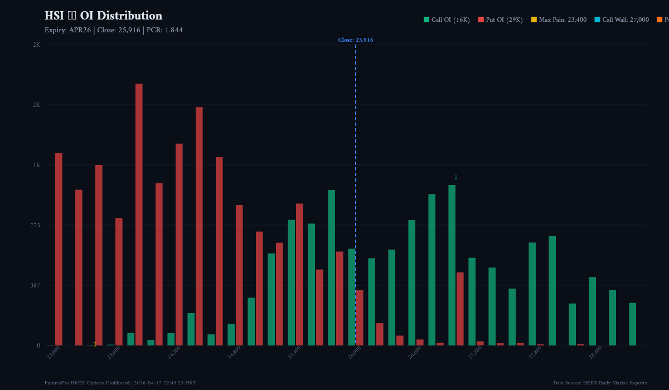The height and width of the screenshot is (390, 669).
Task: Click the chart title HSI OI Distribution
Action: pyautogui.click(x=103, y=16)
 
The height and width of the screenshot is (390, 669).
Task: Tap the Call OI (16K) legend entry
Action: pyautogui.click(x=447, y=19)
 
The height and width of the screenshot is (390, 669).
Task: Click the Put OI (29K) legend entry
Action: pyautogui.click(x=500, y=19)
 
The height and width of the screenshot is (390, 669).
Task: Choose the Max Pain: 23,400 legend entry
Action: pyautogui.click(x=559, y=19)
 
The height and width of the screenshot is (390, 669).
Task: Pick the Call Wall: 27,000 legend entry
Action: pyautogui.click(x=621, y=19)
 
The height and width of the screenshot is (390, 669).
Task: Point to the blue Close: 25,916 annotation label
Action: pyautogui.click(x=355, y=40)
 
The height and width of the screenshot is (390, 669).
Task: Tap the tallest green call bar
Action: pyautogui.click(x=452, y=265)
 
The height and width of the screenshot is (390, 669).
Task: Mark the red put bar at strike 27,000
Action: pyautogui.click(x=460, y=309)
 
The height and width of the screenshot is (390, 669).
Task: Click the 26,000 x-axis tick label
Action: pyautogui.click(x=354, y=353)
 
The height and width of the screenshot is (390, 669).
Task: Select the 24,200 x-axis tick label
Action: pyautogui.click(x=173, y=353)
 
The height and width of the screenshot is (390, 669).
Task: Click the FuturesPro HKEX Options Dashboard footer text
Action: pyautogui.click(x=120, y=383)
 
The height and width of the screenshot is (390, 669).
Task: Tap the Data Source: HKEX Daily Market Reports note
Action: pyautogui.click(x=600, y=383)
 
